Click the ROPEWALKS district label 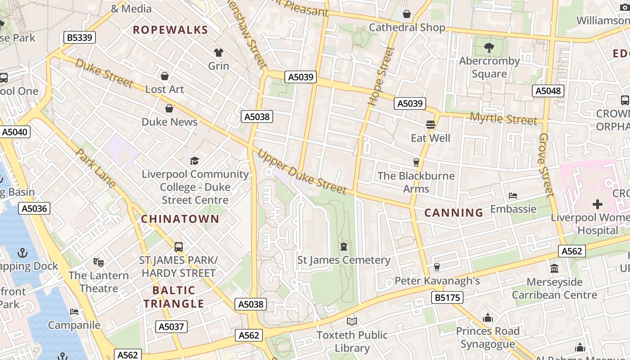[x=170, y=30]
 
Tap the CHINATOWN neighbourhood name [x=180, y=219]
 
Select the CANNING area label [x=454, y=212]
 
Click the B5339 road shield [x=80, y=37]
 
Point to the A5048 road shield [x=548, y=91]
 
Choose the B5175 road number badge [x=447, y=297]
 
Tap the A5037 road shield [x=171, y=326]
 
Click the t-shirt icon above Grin [x=219, y=53]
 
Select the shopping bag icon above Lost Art [x=165, y=76]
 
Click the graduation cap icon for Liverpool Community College [x=194, y=161]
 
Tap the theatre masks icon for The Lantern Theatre [x=98, y=262]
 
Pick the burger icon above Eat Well [x=431, y=124]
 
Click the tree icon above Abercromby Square [x=489, y=47]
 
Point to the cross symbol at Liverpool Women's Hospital [x=597, y=204]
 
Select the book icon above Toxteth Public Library [x=352, y=321]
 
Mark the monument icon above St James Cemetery [x=344, y=247]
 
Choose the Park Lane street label [x=96, y=168]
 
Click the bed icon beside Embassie [x=513, y=196]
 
